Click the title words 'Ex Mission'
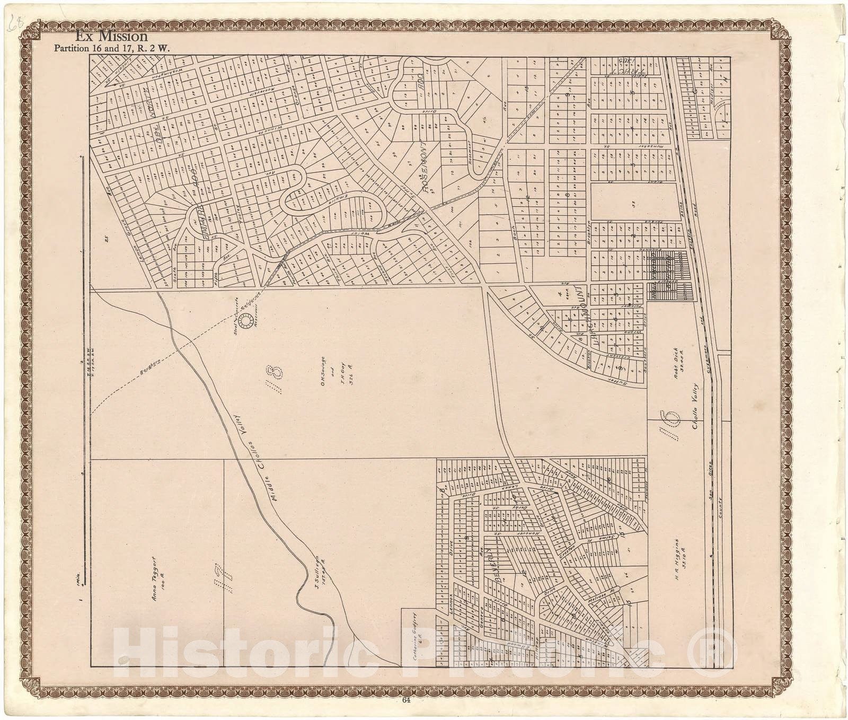tap(111, 37)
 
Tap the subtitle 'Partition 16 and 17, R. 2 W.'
tap(114, 48)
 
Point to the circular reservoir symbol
tap(246, 321)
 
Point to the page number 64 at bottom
tap(407, 700)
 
